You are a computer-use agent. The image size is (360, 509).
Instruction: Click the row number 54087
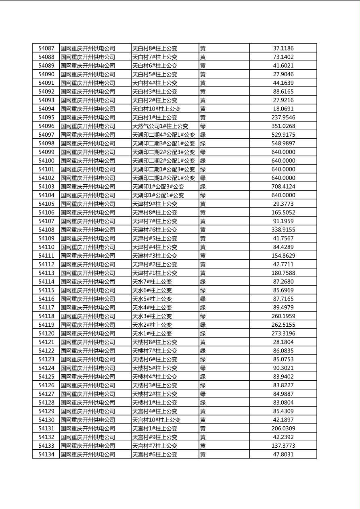pyautogui.click(x=46, y=48)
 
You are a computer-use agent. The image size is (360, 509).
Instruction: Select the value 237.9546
pyautogui.click(x=283, y=117)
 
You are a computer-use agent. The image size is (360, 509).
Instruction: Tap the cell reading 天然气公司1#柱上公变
pyautogui.click(x=160, y=126)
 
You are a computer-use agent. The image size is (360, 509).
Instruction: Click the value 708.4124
pyautogui.click(x=283, y=186)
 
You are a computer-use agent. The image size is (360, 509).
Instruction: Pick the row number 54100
pyautogui.click(x=46, y=161)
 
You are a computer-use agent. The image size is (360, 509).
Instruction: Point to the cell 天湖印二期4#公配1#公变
pyautogui.click(x=163, y=135)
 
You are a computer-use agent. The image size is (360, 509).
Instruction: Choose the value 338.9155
pyautogui.click(x=283, y=229)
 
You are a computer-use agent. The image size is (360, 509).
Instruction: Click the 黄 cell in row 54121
pyautogui.click(x=203, y=342)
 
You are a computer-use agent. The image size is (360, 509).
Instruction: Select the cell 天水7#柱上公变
pyautogui.click(x=152, y=282)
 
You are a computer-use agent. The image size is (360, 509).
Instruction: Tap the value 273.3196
pyautogui.click(x=283, y=333)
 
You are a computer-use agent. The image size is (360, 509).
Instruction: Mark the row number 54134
pyautogui.click(x=46, y=454)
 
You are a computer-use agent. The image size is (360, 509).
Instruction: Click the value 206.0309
pyautogui.click(x=283, y=428)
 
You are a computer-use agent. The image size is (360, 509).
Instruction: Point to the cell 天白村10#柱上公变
pyautogui.click(x=156, y=109)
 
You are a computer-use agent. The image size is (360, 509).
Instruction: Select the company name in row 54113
pyautogui.click(x=88, y=273)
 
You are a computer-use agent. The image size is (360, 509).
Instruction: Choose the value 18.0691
pyautogui.click(x=283, y=109)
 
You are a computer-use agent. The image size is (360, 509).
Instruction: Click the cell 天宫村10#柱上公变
pyautogui.click(x=156, y=420)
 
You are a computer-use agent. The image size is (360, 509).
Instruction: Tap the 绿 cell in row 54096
pyautogui.click(x=203, y=126)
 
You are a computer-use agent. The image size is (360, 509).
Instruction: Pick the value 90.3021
pyautogui.click(x=283, y=368)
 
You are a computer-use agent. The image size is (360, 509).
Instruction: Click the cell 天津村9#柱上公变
pyautogui.click(x=155, y=204)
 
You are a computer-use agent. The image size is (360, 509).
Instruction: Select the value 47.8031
pyautogui.click(x=283, y=454)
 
